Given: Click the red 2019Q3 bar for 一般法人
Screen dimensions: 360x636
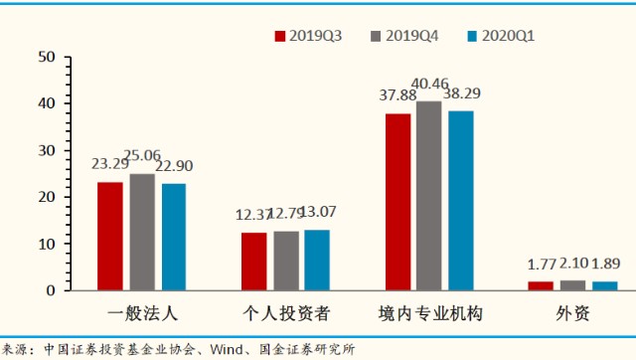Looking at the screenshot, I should pos(109,236).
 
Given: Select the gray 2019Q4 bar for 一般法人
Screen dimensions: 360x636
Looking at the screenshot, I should pos(142,232).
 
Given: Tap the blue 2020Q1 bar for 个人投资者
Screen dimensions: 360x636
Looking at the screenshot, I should pos(317,260).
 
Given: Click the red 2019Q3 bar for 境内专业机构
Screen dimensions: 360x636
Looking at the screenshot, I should pos(397,202).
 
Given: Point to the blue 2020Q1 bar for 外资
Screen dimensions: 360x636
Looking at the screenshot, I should pos(604,285).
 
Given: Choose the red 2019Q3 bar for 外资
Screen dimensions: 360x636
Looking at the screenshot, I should pos(541,285).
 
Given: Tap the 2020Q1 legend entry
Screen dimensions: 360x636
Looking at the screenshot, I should pos(501,36).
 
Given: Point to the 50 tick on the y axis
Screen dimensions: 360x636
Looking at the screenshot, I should pos(45,57).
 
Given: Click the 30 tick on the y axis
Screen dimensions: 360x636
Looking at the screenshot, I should pos(45,150).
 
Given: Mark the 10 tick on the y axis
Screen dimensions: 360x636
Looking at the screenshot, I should pos(45,244).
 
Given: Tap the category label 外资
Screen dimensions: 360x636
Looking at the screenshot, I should pos(572,314).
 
